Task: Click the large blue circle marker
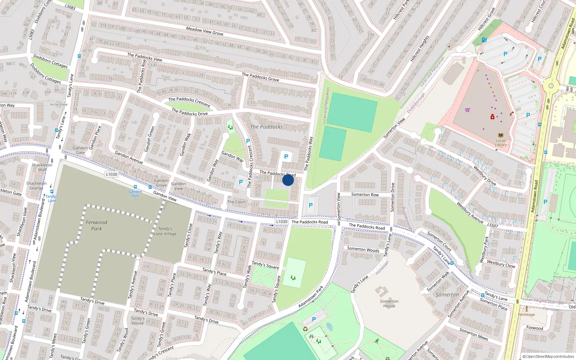click(288, 180)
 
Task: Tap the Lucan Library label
click(500, 143)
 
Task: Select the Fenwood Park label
click(96, 225)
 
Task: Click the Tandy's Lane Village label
click(165, 231)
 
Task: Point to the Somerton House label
click(389, 303)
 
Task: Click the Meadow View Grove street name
click(204, 31)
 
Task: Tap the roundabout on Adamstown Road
click(551, 86)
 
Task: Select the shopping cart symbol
click(467, 110)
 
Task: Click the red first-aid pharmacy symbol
click(492, 117)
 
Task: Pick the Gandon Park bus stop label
click(135, 194)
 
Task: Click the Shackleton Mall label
click(42, 167)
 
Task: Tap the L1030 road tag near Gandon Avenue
click(112, 174)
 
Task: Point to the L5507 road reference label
click(492, 226)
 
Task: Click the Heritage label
click(526, 314)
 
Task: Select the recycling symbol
click(305, 329)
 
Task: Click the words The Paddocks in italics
click(266, 127)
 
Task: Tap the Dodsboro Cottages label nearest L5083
click(50, 61)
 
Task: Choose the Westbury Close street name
click(501, 264)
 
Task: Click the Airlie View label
click(59, 104)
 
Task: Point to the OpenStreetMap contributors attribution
click(548, 356)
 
